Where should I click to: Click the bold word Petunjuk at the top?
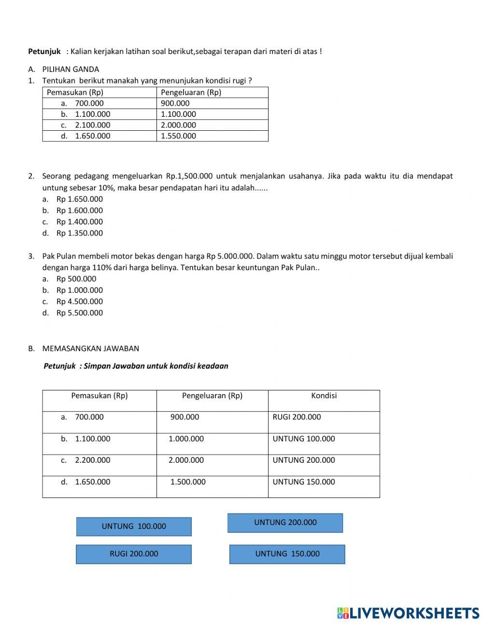(44, 51)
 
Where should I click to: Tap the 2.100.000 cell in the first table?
(92, 125)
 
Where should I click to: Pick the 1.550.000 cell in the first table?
(178, 136)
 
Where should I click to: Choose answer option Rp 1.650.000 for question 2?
(79, 199)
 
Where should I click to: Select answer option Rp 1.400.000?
(79, 222)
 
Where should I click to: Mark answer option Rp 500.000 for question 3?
(76, 279)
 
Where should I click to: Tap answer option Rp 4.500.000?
(79, 302)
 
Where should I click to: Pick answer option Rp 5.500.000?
(79, 313)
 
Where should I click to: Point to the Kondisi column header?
(324, 396)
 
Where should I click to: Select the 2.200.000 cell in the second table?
(92, 460)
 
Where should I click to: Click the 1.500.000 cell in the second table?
(188, 482)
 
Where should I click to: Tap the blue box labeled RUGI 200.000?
(134, 554)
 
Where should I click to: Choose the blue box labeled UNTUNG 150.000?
(287, 554)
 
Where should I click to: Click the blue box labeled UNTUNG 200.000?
(285, 523)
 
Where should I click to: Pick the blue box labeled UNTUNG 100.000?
(134, 526)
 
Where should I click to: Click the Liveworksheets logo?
(408, 613)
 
